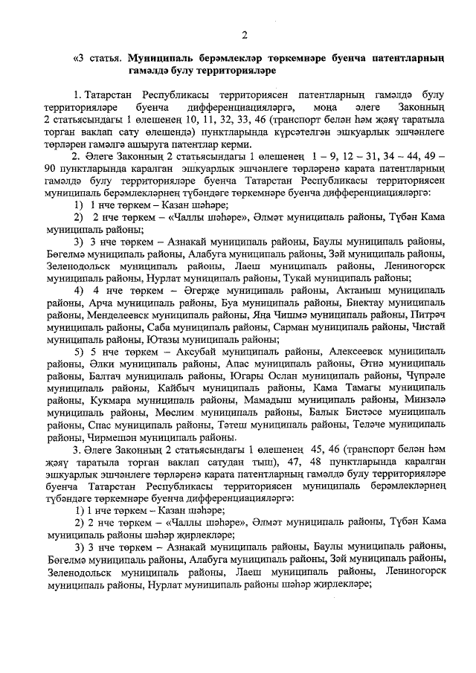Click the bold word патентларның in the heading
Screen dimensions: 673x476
tap(411, 57)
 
